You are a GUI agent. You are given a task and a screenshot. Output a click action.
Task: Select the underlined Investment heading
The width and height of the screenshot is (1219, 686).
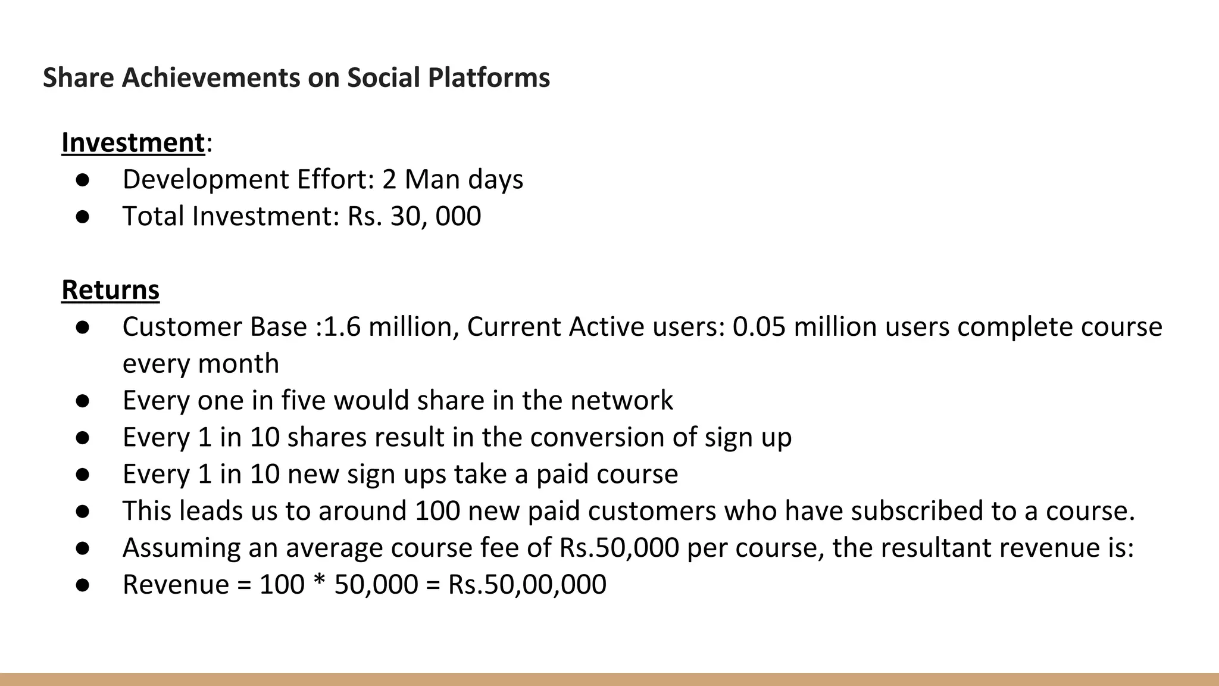(133, 143)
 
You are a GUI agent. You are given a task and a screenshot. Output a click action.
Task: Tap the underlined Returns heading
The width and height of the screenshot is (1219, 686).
(111, 290)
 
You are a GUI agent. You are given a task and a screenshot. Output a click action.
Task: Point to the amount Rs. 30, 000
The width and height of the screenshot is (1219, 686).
(414, 216)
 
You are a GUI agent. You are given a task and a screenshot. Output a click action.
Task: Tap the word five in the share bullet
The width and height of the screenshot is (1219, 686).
(303, 400)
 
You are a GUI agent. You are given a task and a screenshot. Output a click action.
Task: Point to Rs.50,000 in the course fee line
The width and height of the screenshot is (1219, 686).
(619, 548)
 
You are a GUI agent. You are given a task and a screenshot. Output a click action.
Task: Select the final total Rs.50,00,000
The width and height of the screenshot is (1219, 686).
(527, 585)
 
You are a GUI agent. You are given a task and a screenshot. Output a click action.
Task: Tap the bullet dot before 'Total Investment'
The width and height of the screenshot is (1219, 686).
(82, 217)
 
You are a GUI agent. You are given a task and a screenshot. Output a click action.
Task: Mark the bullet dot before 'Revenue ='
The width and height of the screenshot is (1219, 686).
(82, 585)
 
